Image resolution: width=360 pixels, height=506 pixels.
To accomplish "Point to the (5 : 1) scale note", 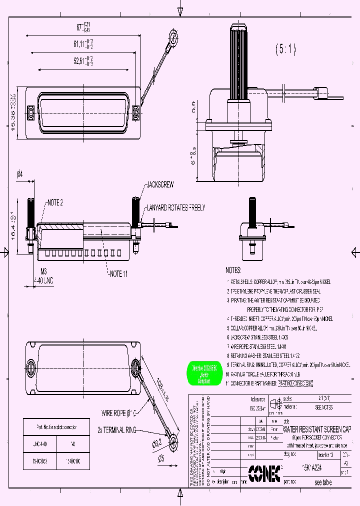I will pyautogui.click(x=285, y=49).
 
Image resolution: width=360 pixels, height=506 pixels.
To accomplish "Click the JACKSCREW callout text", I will pyautogui.click(x=160, y=184).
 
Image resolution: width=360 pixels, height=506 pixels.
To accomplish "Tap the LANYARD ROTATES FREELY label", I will pyautogui.click(x=175, y=207).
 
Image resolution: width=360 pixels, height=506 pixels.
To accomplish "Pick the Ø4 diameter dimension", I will pyautogui.click(x=19, y=174).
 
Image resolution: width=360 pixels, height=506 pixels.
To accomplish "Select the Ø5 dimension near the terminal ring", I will pyautogui.click(x=160, y=458).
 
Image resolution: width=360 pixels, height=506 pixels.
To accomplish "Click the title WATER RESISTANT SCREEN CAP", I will pyautogui.click(x=317, y=429).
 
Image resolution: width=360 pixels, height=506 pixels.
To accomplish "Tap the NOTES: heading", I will pyautogui.click(x=233, y=270).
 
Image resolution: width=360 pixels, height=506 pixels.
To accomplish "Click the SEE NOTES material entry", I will pyautogui.click(x=323, y=407).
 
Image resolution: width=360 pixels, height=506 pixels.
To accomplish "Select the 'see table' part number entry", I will pyautogui.click(x=323, y=483).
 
